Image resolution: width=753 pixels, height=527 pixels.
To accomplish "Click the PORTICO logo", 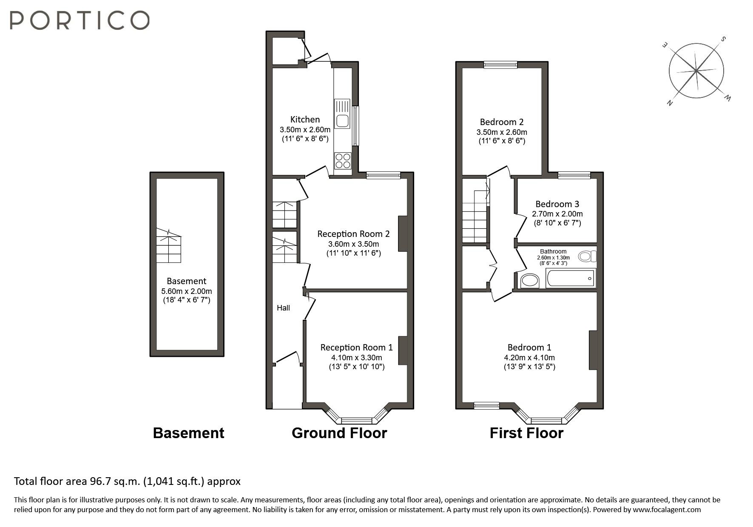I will click(x=80, y=20).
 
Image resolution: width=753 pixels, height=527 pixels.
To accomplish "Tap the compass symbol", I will click(x=696, y=71).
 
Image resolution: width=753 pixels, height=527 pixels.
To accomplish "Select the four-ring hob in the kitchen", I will click(x=343, y=161).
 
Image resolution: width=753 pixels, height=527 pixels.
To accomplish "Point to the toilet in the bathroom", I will click(x=588, y=256).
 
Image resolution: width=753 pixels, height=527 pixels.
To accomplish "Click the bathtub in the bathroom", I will click(x=571, y=279).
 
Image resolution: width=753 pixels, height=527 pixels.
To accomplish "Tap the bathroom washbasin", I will click(x=530, y=281).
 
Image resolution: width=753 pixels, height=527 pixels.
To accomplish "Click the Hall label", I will click(x=283, y=308).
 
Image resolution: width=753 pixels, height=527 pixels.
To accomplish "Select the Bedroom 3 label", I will click(x=557, y=204).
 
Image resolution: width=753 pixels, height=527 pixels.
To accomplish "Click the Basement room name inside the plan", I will click(x=186, y=281).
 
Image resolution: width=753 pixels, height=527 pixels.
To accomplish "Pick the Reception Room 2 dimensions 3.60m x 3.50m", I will click(x=353, y=244).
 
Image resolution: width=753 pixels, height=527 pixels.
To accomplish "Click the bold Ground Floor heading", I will click(x=339, y=433).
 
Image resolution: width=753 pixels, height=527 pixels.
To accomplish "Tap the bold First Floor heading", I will click(x=526, y=433).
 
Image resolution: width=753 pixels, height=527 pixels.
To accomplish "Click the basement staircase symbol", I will click(x=169, y=247).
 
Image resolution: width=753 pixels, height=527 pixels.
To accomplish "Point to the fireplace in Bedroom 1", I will click(x=593, y=350).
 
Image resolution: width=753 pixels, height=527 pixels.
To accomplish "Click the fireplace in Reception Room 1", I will click(x=403, y=350).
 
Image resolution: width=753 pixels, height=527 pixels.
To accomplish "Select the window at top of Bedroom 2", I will click(x=500, y=65).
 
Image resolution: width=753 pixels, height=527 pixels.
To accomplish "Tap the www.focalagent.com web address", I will click(x=666, y=510).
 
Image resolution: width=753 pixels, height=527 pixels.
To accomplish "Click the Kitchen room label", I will click(x=305, y=120).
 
